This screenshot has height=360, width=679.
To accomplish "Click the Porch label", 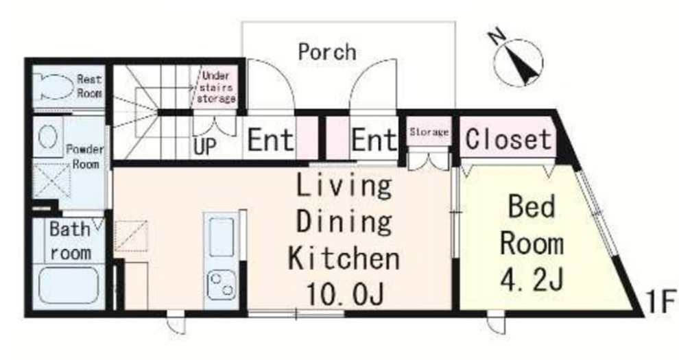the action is (327, 52).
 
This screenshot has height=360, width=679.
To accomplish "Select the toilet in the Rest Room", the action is (53, 86).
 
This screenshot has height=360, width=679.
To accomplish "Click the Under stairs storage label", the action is (216, 87).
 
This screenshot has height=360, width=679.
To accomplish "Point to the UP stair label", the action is (205, 147).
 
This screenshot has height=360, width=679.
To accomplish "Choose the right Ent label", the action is (374, 140).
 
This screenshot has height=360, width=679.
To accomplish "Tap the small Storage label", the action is (429, 132).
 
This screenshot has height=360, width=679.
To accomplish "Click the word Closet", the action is (508, 139).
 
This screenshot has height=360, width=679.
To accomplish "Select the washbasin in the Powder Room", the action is (48, 136).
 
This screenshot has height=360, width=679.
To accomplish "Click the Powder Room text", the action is (85, 156).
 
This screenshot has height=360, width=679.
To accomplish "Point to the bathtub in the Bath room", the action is (69, 285).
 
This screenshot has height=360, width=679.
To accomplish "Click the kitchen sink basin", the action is (222, 237).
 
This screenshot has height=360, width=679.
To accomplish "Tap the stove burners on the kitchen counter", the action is (221, 285).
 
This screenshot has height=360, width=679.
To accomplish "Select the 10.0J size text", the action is (345, 294).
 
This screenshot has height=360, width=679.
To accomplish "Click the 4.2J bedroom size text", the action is (532, 280).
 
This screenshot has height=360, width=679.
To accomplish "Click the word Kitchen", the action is (344, 258).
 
